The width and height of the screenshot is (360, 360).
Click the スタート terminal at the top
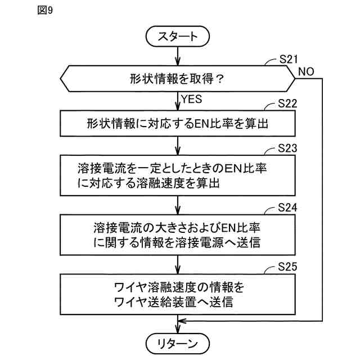pos(178,37)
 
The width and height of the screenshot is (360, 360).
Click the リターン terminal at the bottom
pos(178,343)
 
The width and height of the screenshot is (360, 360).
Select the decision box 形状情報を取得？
pos(178,79)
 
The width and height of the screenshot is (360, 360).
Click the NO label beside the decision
pos(307,71)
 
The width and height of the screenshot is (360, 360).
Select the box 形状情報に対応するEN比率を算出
pos(178,123)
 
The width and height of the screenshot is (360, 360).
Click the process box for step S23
pos(178,175)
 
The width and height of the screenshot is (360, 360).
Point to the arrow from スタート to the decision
pos(178,56)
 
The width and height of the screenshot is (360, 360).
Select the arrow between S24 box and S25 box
pos(178,263)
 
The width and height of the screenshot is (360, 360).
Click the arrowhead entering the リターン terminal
pos(178,330)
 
